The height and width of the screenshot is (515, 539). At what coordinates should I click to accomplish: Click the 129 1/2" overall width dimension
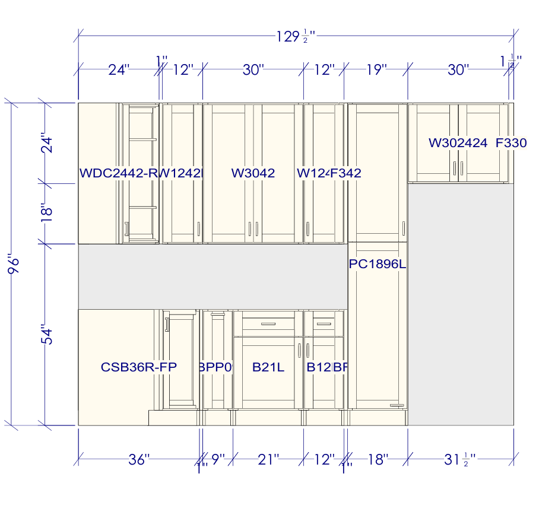[294, 37]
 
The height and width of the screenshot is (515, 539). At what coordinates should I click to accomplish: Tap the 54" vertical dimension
[47, 334]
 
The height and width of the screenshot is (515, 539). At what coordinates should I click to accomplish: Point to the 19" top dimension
[376, 70]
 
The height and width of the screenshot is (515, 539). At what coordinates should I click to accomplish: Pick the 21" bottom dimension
[268, 459]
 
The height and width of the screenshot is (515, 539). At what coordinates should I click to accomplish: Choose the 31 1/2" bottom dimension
[461, 459]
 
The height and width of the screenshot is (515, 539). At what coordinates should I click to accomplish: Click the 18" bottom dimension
[378, 459]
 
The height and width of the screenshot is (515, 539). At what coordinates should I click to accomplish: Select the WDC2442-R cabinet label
[119, 173]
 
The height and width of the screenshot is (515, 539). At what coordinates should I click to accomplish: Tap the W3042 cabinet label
[253, 173]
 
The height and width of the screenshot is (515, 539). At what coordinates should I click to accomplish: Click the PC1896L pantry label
[377, 265]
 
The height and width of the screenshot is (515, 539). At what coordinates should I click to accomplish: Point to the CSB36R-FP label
[139, 367]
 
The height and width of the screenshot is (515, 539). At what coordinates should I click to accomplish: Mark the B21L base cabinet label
[268, 367]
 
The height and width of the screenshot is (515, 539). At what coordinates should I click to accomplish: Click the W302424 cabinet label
[458, 142]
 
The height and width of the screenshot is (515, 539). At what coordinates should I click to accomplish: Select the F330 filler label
[511, 142]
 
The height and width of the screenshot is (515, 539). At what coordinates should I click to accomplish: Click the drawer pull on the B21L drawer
[268, 325]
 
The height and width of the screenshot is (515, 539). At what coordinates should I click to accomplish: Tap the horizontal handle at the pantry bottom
[397, 405]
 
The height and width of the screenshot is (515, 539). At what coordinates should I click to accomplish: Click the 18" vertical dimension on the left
[47, 213]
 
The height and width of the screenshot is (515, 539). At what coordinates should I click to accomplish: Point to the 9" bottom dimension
[218, 459]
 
